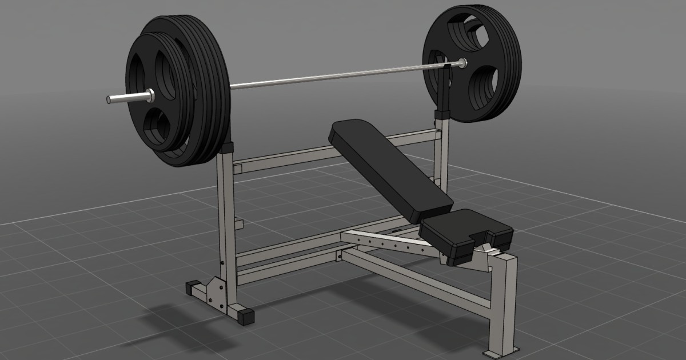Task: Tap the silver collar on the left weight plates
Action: pyautogui.click(x=149, y=95)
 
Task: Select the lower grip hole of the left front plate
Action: pyautogui.click(x=155, y=128)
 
